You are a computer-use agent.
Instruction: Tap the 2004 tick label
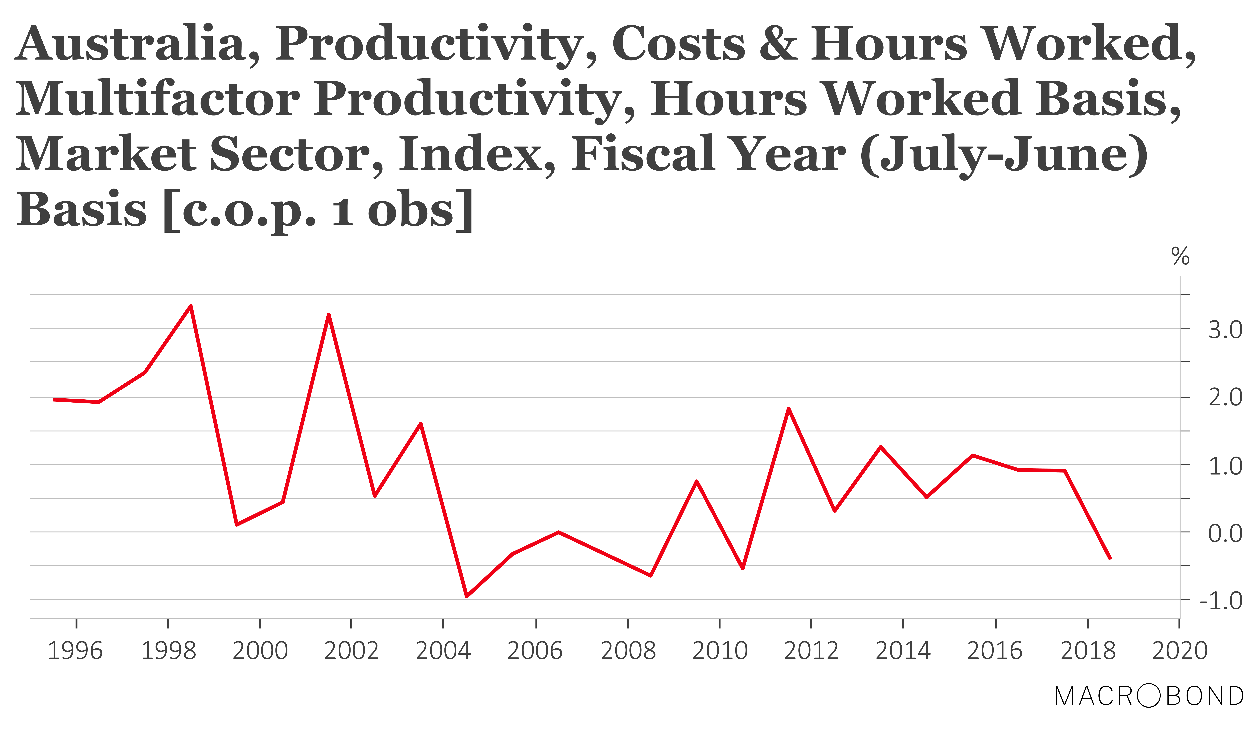pos(443,651)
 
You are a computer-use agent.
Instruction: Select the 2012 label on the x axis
pos(811,651)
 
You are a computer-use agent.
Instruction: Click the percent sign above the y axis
pos(1180,257)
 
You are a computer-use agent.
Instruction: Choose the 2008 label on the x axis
pos(628,651)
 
